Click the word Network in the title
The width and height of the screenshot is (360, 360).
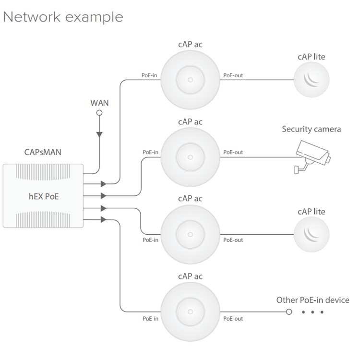point(32,17)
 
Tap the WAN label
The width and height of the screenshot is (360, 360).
point(99,103)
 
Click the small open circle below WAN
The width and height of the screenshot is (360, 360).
point(99,113)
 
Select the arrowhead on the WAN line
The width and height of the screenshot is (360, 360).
point(99,134)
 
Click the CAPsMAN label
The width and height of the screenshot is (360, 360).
point(43,152)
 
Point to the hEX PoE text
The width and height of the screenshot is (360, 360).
point(44,196)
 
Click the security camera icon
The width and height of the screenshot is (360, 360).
point(312,156)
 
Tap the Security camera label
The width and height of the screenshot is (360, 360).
point(312,129)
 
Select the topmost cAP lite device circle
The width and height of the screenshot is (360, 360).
point(312,80)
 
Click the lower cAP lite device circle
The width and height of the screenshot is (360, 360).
point(312,234)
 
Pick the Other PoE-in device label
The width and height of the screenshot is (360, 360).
point(312,300)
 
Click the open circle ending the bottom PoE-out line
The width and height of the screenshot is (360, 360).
point(289,312)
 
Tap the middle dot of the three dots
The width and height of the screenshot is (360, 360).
point(312,312)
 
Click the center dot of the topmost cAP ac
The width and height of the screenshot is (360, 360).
point(191,80)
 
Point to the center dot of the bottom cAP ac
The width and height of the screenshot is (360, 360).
point(191,312)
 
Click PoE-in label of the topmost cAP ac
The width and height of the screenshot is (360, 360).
point(149,75)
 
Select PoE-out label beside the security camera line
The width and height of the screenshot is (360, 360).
point(233,152)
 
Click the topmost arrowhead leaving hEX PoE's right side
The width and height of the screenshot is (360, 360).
point(104,184)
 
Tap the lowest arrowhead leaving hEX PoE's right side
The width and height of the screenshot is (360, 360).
point(104,219)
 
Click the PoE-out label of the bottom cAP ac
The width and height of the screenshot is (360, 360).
point(233,319)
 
